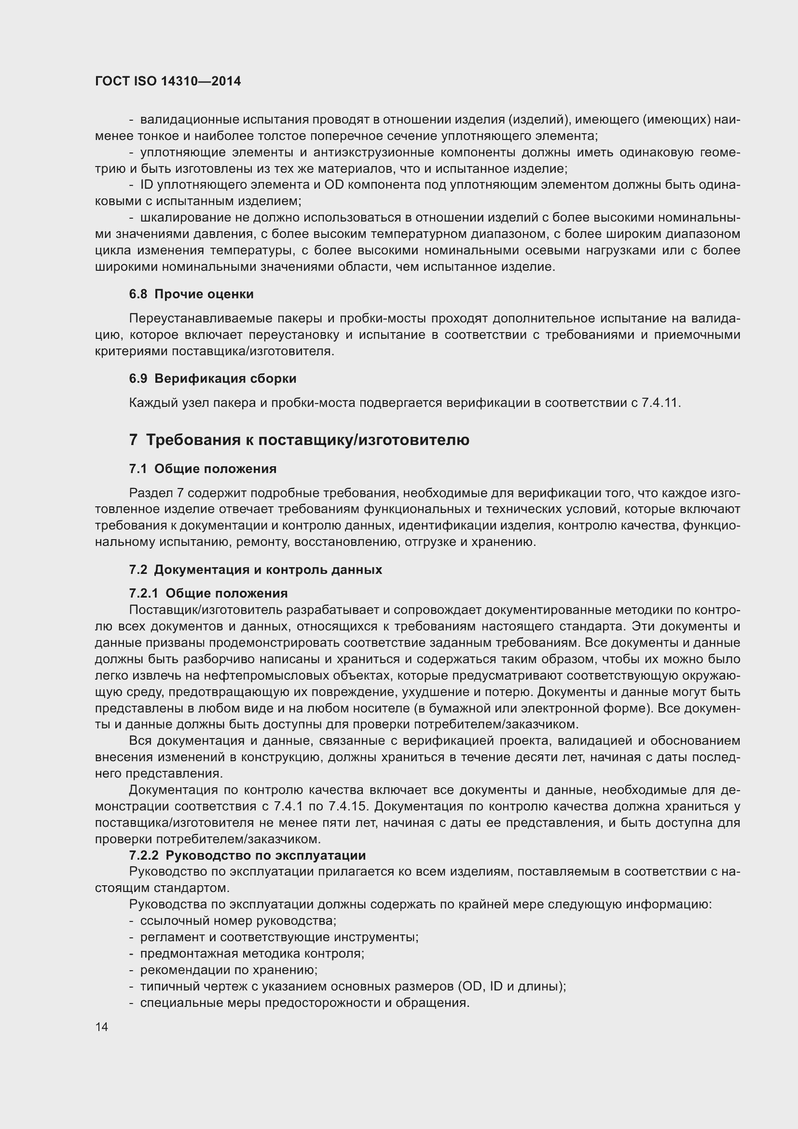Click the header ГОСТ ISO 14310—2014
pyautogui.click(x=167, y=81)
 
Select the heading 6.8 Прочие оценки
pyautogui.click(x=191, y=294)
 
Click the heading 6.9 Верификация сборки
pyautogui.click(x=212, y=378)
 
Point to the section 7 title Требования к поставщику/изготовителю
pyautogui.click(x=299, y=440)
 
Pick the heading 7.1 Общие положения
pyautogui.click(x=203, y=469)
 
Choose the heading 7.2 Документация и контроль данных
pyautogui.click(x=255, y=570)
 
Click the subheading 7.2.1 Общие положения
pyautogui.click(x=208, y=594)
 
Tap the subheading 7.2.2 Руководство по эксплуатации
pyautogui.click(x=247, y=855)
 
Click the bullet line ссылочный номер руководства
pyautogui.click(x=238, y=920)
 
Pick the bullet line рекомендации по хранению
pyautogui.click(x=229, y=970)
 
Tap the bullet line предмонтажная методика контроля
pyautogui.click(x=252, y=953)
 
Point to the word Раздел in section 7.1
pyautogui.click(x=151, y=493)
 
